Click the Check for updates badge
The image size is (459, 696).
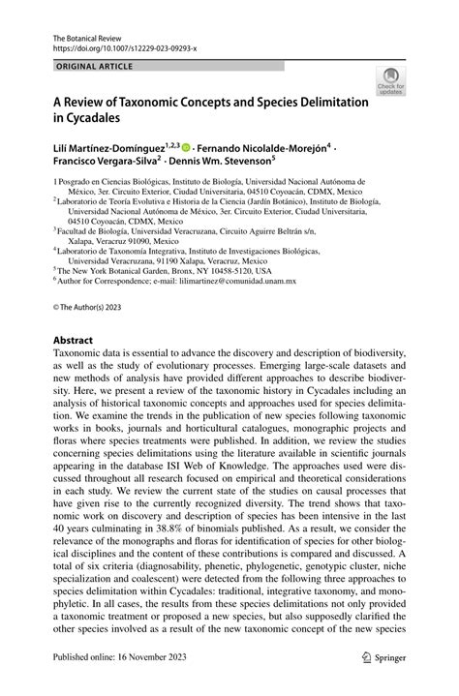coord(391,81)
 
